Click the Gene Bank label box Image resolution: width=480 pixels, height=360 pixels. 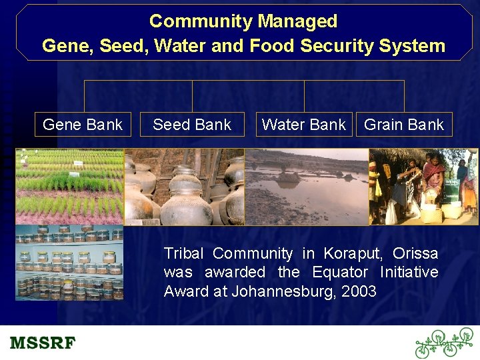click(83, 125)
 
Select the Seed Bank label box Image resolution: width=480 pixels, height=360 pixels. click(192, 125)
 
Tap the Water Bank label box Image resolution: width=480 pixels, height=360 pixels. click(304, 125)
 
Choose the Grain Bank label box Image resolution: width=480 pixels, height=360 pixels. click(404, 125)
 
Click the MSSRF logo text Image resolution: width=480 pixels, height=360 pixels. click(43, 343)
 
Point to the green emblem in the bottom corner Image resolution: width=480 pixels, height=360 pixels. click(443, 343)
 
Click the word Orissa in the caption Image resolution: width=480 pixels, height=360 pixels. click(415, 253)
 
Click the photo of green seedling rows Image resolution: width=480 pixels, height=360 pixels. click(70, 187)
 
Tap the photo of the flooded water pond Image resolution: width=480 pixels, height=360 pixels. click(307, 187)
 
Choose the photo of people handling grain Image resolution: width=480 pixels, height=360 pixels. click(423, 187)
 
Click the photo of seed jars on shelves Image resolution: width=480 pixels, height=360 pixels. click(70, 263)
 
